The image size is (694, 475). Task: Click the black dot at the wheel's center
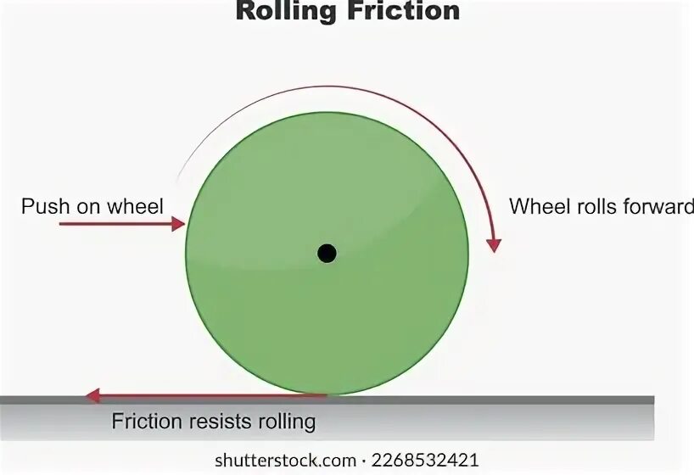pos(327,253)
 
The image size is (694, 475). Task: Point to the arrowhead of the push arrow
pos(179,224)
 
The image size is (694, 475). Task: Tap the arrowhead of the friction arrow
pos(92,395)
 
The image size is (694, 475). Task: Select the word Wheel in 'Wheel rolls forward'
pos(534,205)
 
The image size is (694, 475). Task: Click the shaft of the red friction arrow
pos(212,395)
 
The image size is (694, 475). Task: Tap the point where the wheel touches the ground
pos(327,395)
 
